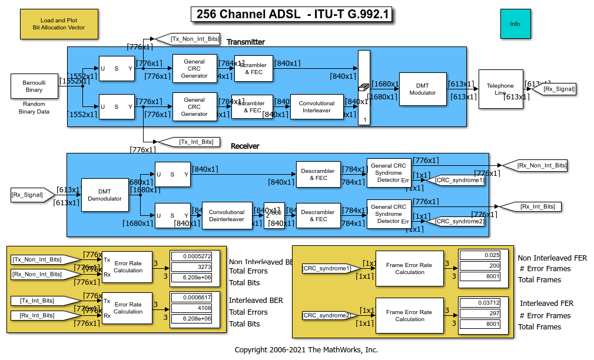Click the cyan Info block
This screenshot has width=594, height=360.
click(x=515, y=24)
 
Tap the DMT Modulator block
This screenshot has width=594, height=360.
click(x=422, y=89)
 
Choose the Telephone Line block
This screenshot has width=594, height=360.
click(x=500, y=89)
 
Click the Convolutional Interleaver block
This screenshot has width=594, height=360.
click(x=317, y=106)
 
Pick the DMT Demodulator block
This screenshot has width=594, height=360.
click(x=104, y=195)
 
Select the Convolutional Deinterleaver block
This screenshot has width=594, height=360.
click(x=227, y=216)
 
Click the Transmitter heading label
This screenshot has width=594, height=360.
click(x=245, y=42)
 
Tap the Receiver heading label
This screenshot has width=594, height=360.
click(x=245, y=146)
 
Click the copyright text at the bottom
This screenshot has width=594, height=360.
click(x=306, y=350)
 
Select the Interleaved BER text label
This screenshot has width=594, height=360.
click(x=255, y=301)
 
